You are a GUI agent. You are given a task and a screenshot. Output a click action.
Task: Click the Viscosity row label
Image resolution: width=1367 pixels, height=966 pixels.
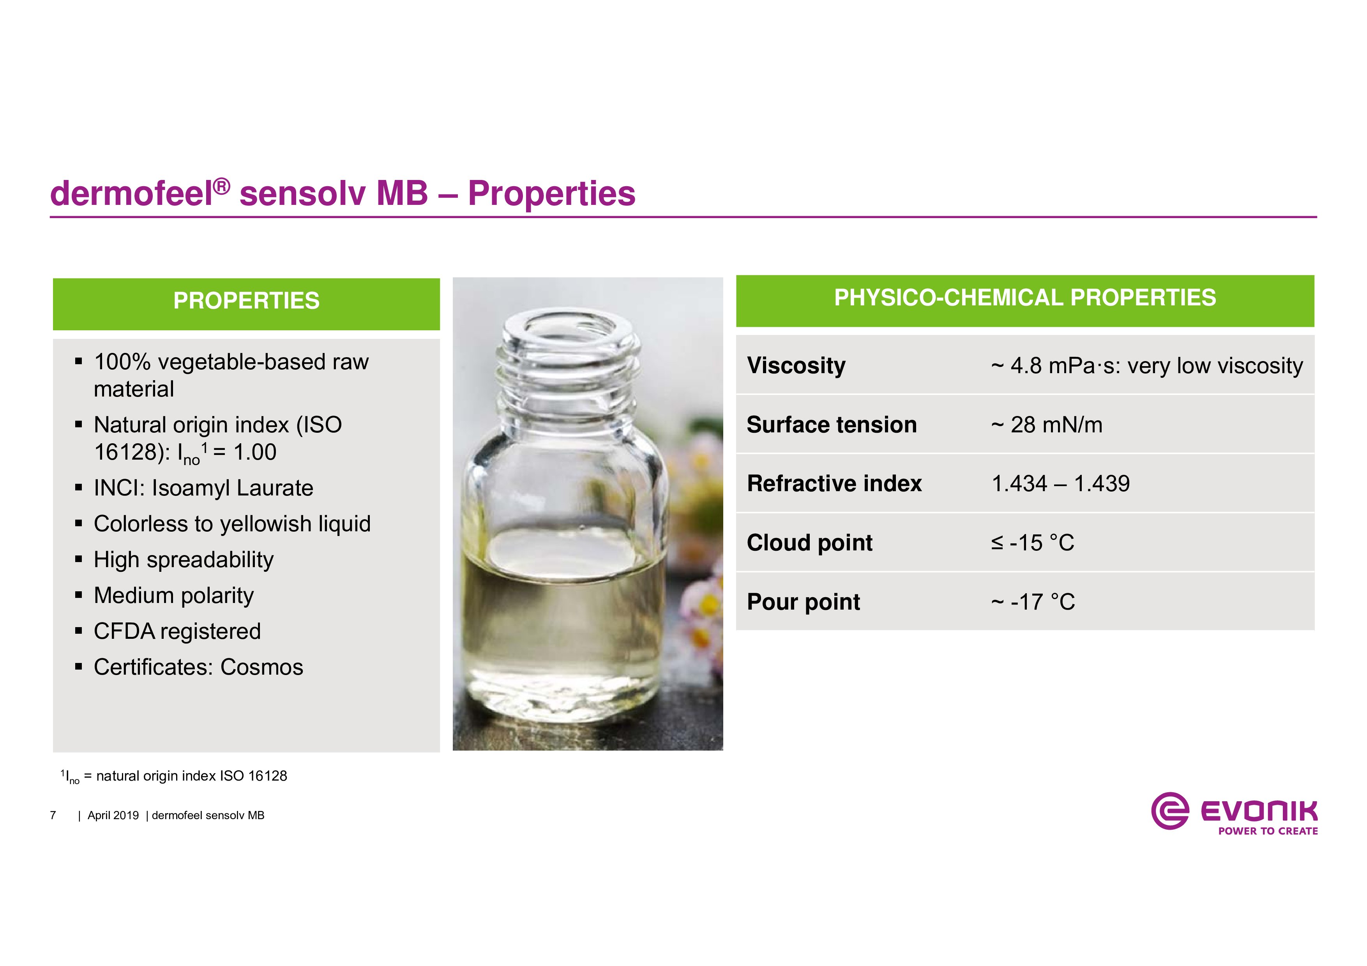click(796, 365)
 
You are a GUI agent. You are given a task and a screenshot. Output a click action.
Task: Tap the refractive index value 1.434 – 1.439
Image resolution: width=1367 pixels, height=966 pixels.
click(1060, 483)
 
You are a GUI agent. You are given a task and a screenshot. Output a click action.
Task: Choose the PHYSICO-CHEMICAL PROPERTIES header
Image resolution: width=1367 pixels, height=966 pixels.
click(1024, 298)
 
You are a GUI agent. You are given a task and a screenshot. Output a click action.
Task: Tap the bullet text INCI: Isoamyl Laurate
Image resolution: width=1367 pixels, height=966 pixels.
click(204, 488)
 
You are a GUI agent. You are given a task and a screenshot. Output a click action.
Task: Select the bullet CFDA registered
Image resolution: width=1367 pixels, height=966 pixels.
click(177, 631)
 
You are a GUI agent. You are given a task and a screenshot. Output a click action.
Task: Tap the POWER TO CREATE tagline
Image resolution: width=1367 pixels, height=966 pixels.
click(1268, 831)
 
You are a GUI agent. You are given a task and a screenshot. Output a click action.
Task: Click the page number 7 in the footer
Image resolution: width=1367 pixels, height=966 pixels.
click(53, 815)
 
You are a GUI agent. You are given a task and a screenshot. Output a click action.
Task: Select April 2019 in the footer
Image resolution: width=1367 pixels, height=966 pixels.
click(113, 815)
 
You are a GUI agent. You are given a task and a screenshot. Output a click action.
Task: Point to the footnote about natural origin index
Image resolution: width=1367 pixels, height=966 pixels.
click(174, 776)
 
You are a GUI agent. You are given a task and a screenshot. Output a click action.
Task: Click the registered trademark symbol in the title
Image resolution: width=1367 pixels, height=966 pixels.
click(221, 187)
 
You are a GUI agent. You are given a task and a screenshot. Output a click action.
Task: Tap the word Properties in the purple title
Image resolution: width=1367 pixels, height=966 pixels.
click(552, 194)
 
